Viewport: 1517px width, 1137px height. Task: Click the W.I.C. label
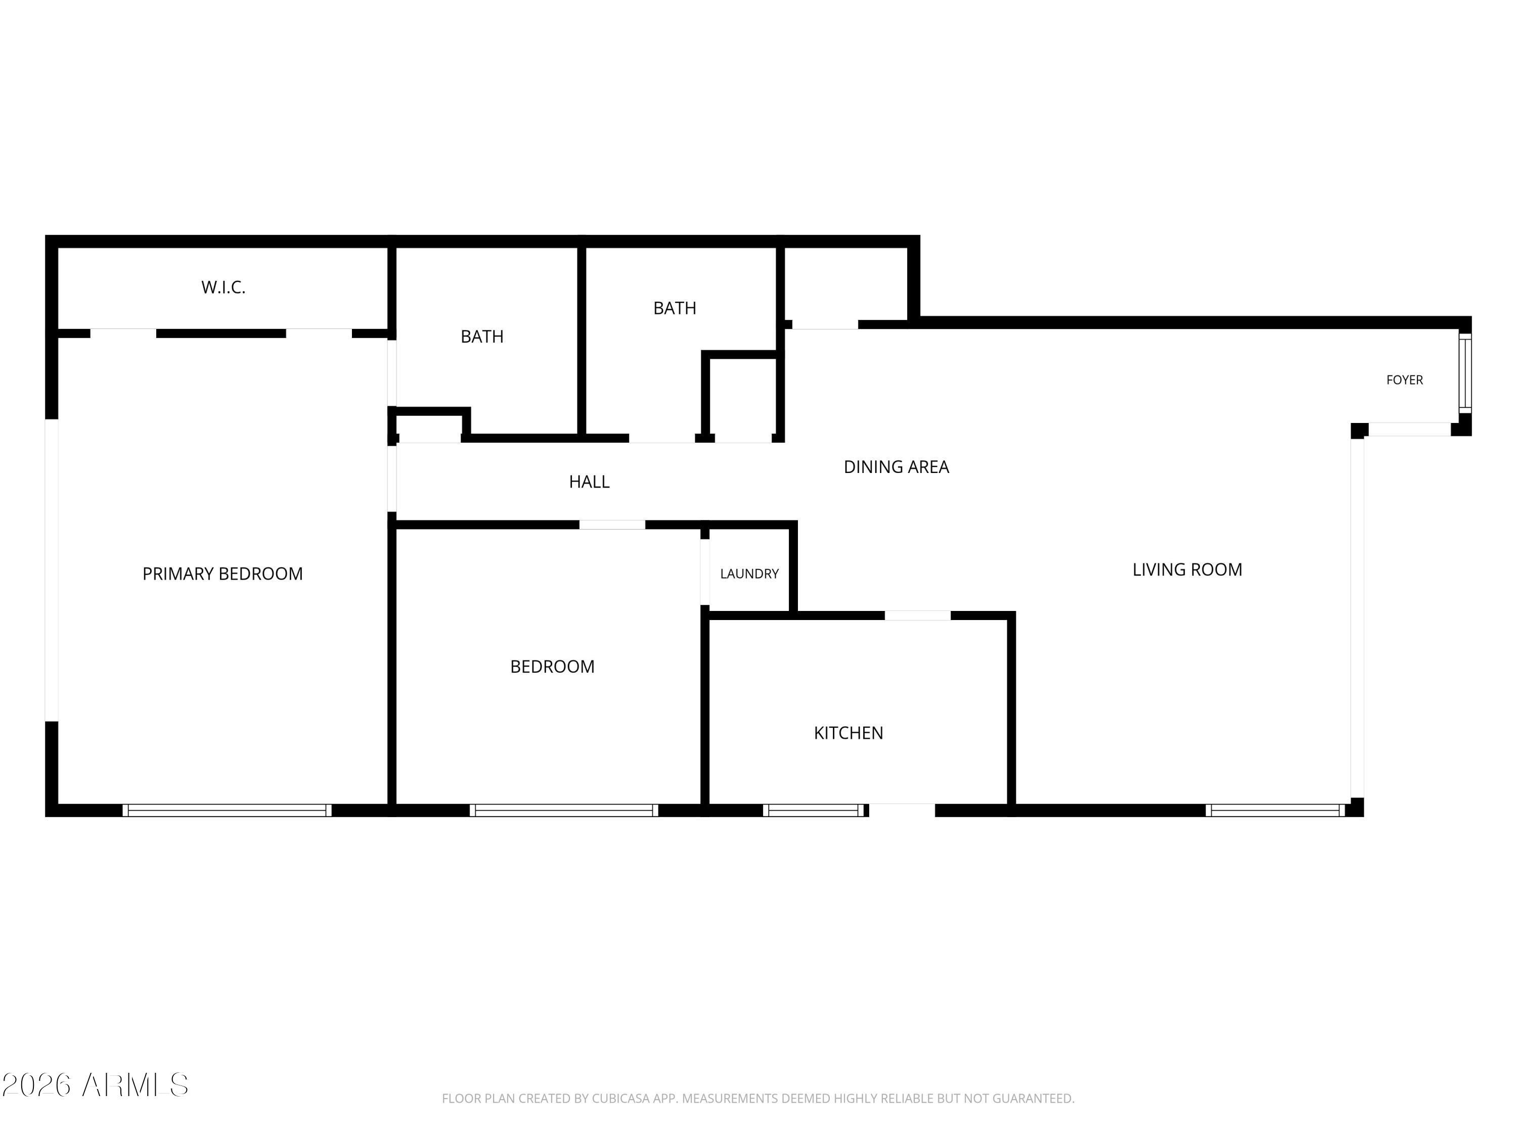[224, 287]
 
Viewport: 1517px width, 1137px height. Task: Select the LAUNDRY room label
[749, 574]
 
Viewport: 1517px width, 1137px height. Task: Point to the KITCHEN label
[849, 733]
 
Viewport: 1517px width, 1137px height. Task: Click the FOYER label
[1405, 380]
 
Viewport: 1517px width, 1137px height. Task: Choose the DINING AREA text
[897, 467]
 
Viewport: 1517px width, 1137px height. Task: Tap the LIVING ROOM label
[1187, 570]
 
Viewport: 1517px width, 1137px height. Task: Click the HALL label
[589, 482]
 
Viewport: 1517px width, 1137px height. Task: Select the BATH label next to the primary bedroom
[482, 337]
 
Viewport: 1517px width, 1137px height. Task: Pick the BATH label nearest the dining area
[675, 308]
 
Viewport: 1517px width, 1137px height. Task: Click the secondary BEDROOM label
[552, 666]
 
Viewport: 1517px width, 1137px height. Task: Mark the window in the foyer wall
[1465, 373]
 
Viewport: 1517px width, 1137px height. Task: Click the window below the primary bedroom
[227, 810]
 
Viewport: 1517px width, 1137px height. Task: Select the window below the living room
[1276, 810]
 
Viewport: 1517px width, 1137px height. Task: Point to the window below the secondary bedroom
[564, 810]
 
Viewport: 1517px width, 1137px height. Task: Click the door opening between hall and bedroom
[612, 525]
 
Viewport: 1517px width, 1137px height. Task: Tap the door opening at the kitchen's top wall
[918, 615]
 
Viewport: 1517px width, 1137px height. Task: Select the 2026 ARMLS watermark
[96, 1085]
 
